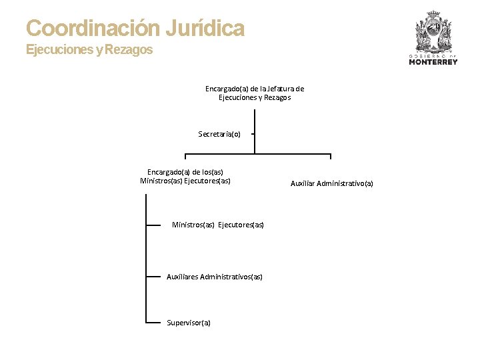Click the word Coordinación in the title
[x=93, y=29]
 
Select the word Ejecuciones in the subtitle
[x=60, y=50]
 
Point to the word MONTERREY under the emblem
[x=433, y=62]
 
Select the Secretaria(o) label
[x=219, y=134]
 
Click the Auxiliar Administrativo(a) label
[x=332, y=183]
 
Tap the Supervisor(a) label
[x=189, y=323]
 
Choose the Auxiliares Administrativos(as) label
[x=215, y=277]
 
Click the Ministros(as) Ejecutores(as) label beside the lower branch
[x=218, y=225]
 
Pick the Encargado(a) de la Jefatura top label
[x=255, y=93]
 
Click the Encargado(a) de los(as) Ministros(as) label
[x=185, y=176]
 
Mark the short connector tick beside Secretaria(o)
[x=252, y=133]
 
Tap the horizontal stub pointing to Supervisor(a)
[x=153, y=323]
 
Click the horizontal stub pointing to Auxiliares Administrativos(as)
[x=153, y=276]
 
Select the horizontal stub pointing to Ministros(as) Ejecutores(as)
[x=153, y=225]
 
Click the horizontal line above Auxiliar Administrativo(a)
[x=293, y=154]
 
